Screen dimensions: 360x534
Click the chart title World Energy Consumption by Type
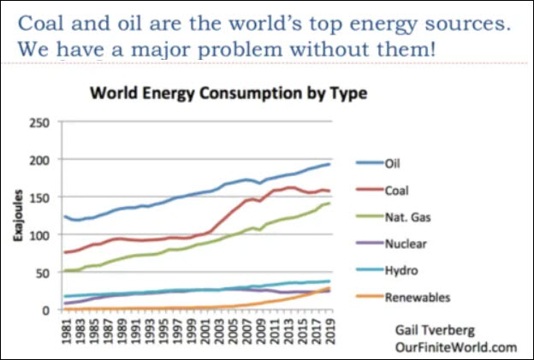pos(228,93)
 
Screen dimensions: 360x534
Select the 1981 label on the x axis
pos(67,330)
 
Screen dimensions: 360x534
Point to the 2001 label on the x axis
pos(204,330)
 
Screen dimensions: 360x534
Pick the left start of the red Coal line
pos(65,252)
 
